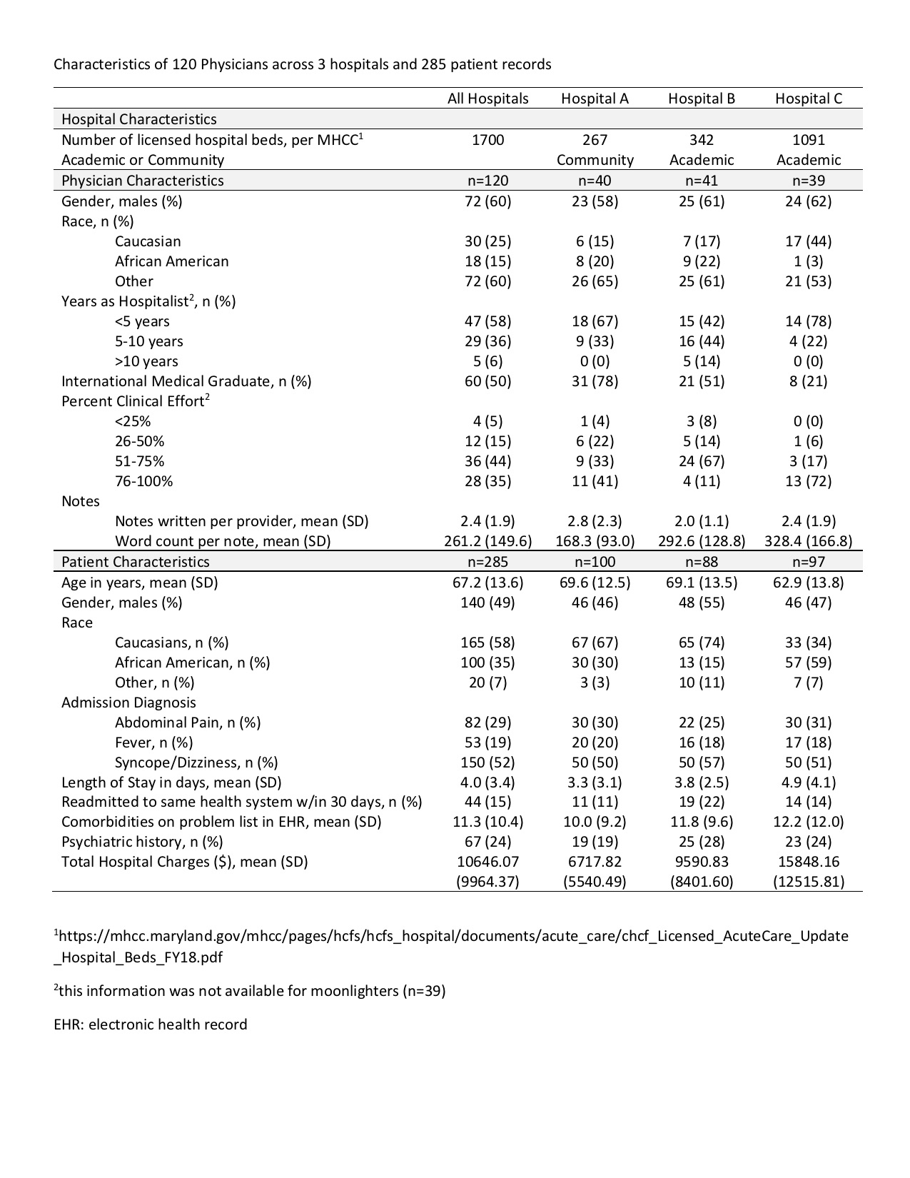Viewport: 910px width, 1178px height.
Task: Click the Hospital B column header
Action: [701, 99]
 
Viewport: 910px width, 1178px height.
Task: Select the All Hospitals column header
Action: [487, 99]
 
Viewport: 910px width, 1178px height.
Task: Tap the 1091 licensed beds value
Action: [808, 140]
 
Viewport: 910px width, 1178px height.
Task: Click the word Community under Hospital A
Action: [595, 160]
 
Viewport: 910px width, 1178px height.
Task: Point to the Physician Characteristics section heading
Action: [143, 181]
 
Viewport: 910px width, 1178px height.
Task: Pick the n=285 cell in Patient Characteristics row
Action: [487, 562]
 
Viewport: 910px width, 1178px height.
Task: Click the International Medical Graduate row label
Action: [186, 381]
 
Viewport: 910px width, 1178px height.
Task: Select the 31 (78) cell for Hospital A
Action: [595, 381]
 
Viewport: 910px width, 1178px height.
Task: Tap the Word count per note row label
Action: [223, 541]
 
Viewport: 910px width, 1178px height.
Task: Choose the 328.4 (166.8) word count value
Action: [808, 541]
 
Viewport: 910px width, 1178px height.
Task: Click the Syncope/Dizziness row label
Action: [196, 762]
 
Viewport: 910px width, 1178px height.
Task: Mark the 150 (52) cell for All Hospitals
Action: [487, 762]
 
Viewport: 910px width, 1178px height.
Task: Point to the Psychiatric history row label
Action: [142, 842]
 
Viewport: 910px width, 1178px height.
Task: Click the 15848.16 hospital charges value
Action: [808, 862]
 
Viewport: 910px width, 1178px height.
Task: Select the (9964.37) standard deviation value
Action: [487, 882]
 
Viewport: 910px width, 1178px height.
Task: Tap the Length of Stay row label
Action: [171, 782]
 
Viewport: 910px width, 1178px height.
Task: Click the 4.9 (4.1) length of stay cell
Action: [808, 782]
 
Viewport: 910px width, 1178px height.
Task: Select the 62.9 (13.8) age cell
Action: [808, 583]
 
